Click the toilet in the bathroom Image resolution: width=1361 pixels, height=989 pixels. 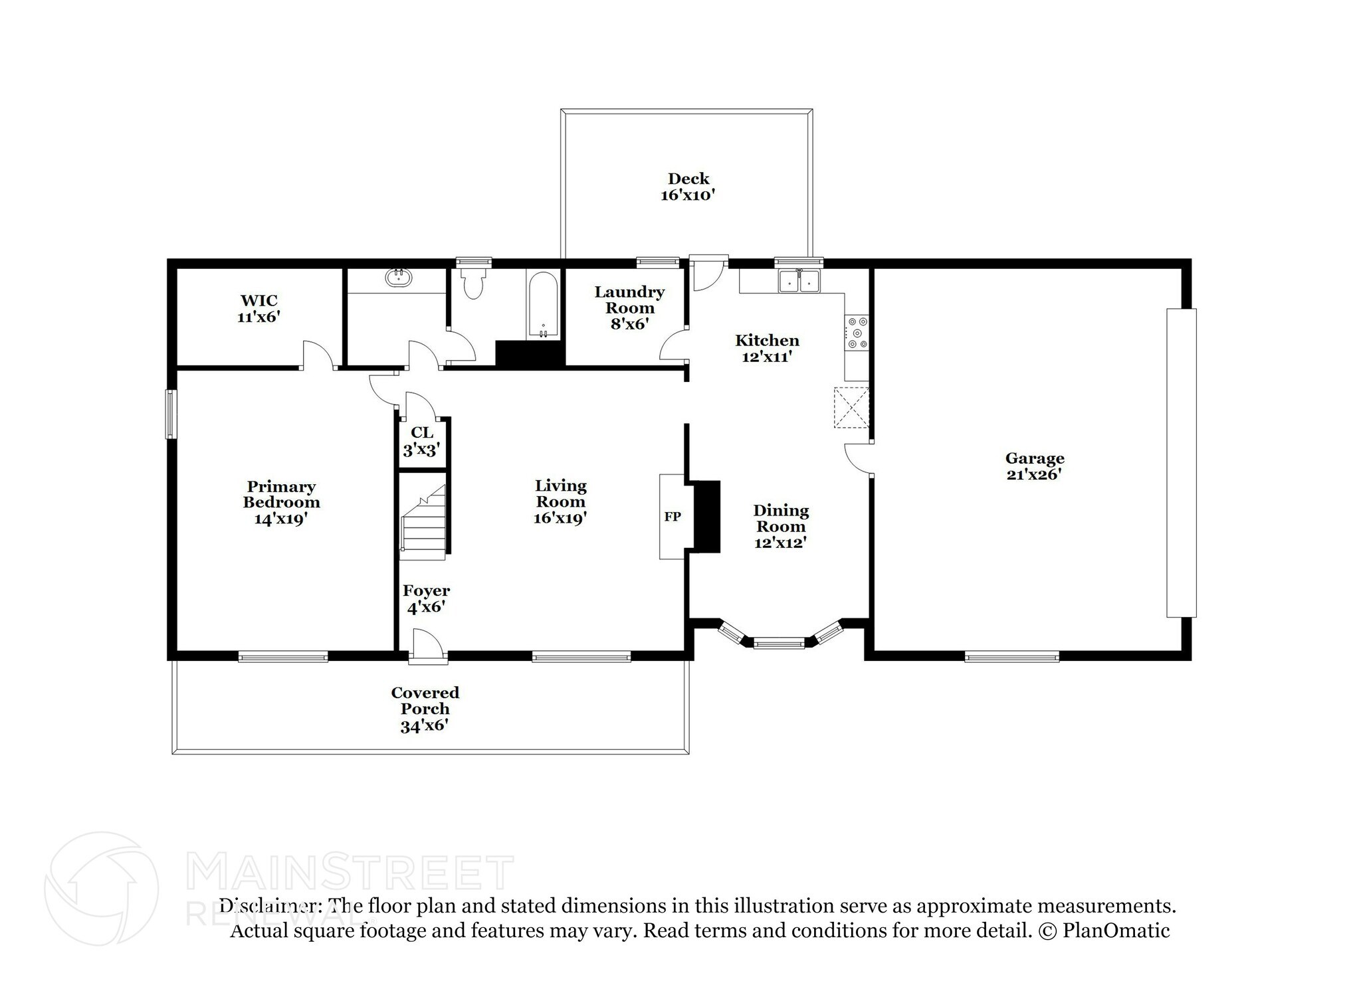[472, 284]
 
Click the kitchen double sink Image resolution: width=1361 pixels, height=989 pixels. [799, 282]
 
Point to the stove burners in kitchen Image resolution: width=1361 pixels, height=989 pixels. [857, 333]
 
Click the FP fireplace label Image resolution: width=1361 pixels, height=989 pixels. [672, 516]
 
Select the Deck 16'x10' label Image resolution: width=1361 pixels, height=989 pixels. [688, 187]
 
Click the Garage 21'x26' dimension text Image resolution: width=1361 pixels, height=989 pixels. [1034, 474]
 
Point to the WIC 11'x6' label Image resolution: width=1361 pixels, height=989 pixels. [259, 309]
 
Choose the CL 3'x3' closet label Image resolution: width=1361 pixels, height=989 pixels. [421, 442]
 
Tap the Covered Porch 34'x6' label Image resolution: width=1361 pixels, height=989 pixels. [425, 709]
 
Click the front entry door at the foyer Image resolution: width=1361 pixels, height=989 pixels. [427, 647]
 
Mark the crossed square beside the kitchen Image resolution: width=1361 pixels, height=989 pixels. [851, 407]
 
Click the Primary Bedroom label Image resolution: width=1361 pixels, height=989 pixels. [281, 502]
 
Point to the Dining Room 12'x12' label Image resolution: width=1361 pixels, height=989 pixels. [780, 526]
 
